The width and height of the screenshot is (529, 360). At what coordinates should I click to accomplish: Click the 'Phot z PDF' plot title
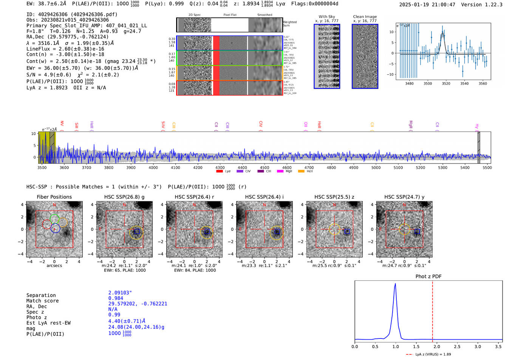[428, 277]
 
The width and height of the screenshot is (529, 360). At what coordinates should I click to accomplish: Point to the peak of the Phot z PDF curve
[395, 284]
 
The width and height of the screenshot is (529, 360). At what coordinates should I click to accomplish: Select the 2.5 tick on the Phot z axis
[457, 346]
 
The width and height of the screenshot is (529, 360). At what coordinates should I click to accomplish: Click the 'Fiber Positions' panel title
[54, 197]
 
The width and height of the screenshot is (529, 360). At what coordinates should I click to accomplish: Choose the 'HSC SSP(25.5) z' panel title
[334, 197]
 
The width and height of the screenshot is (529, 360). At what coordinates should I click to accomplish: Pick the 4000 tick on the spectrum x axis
[153, 167]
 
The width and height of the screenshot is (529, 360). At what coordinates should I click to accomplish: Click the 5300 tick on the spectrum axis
[442, 167]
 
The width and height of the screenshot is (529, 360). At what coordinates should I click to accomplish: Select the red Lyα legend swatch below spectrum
[219, 172]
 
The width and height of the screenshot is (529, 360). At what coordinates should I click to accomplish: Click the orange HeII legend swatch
[301, 172]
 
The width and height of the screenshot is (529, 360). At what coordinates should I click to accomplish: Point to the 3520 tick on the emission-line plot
[446, 83]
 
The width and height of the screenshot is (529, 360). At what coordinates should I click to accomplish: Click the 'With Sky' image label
[327, 17]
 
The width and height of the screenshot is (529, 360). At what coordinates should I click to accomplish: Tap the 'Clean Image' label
[365, 17]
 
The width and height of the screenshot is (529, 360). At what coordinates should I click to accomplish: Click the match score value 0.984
[116, 298]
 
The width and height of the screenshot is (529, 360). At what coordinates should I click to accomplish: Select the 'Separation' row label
[41, 295]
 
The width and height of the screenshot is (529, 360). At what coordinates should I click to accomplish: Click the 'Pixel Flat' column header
[230, 15]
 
